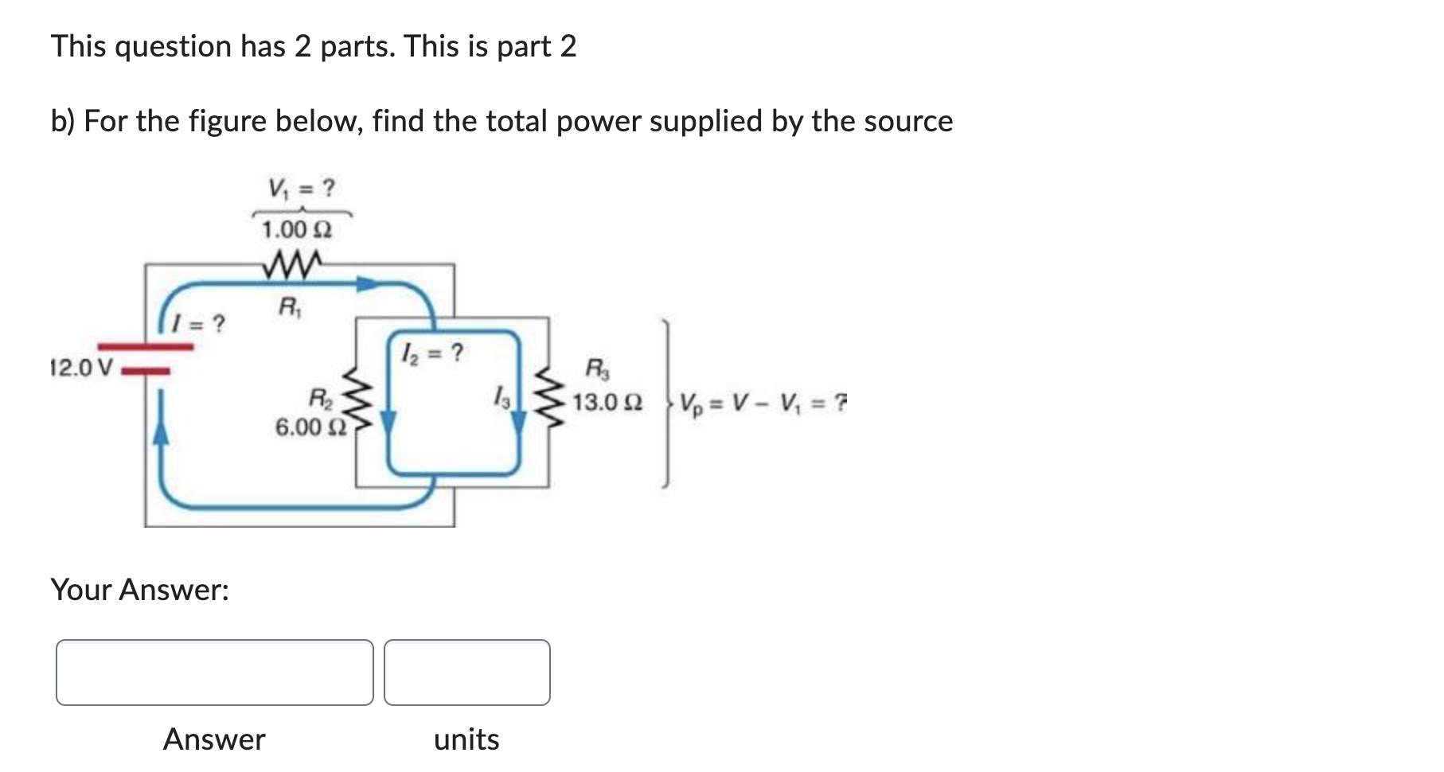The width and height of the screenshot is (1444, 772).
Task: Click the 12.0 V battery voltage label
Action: [x=81, y=368]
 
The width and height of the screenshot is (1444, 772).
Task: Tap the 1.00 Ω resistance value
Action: [x=296, y=230]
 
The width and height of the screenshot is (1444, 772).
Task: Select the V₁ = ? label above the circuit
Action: [x=302, y=189]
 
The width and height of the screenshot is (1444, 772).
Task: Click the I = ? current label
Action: [x=201, y=324]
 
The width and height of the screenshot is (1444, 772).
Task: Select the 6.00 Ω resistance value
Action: [x=310, y=427]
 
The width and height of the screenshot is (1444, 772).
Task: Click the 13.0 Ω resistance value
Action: [x=607, y=402]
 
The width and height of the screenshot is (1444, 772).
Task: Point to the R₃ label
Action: [x=597, y=368]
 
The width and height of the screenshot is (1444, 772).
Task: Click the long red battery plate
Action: [x=146, y=347]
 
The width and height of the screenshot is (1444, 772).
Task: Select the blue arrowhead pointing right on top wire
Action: [x=367, y=284]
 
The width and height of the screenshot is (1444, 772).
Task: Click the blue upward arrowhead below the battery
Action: [x=161, y=432]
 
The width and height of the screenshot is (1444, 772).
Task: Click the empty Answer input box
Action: [x=215, y=673]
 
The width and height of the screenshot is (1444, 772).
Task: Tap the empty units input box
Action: [x=467, y=673]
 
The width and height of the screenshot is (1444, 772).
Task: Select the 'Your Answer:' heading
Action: [x=140, y=590]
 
